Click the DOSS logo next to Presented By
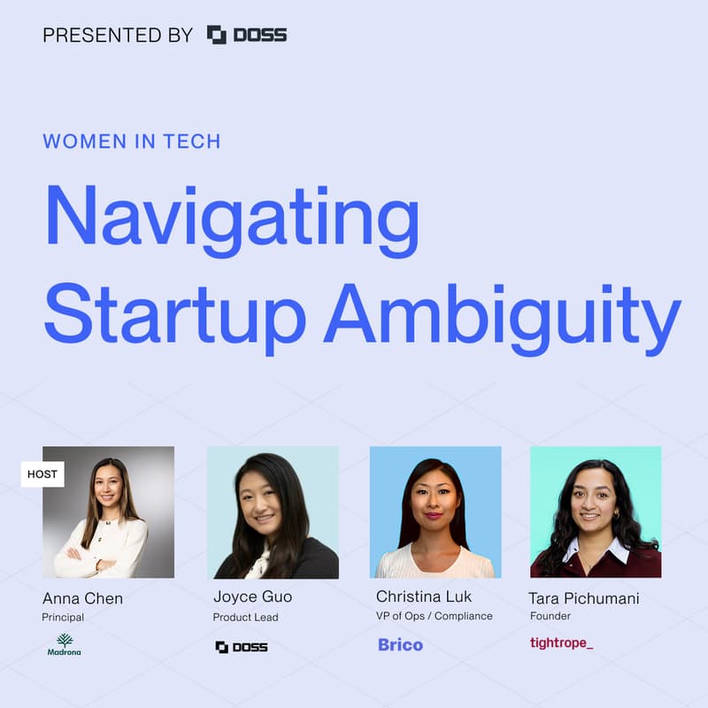tap(247, 35)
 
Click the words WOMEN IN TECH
tap(132, 142)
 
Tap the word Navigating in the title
tap(232, 222)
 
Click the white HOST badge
tap(42, 474)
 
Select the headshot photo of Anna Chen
tap(109, 512)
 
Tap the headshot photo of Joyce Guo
tap(273, 512)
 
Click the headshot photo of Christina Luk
tap(435, 512)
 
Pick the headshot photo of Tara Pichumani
tap(596, 512)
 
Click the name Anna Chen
tap(82, 598)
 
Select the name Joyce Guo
tap(252, 596)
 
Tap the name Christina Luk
tap(424, 596)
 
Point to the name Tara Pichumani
tap(584, 598)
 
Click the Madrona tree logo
tap(65, 644)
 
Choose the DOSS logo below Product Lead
tap(242, 647)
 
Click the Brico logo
tap(400, 645)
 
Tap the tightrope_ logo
tap(561, 643)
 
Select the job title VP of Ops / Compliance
tap(435, 616)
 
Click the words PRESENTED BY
tap(118, 35)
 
